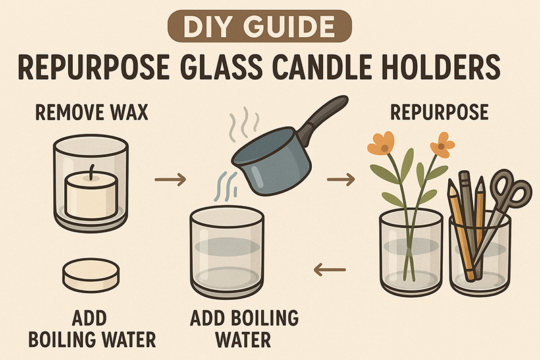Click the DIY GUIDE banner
pos(260,26)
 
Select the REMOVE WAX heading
pos(92,112)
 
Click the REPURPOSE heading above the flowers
pos(439,112)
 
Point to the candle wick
pos(91,172)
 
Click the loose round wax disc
pos(91,276)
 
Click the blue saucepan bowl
pos(271,161)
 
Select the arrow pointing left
pos(329,269)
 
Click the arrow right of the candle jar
pos(170,179)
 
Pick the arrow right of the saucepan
pos(341,179)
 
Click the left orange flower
pos(381,144)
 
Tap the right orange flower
pos(442,145)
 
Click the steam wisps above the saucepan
pos(244,124)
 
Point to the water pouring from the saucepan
pos(226,186)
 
